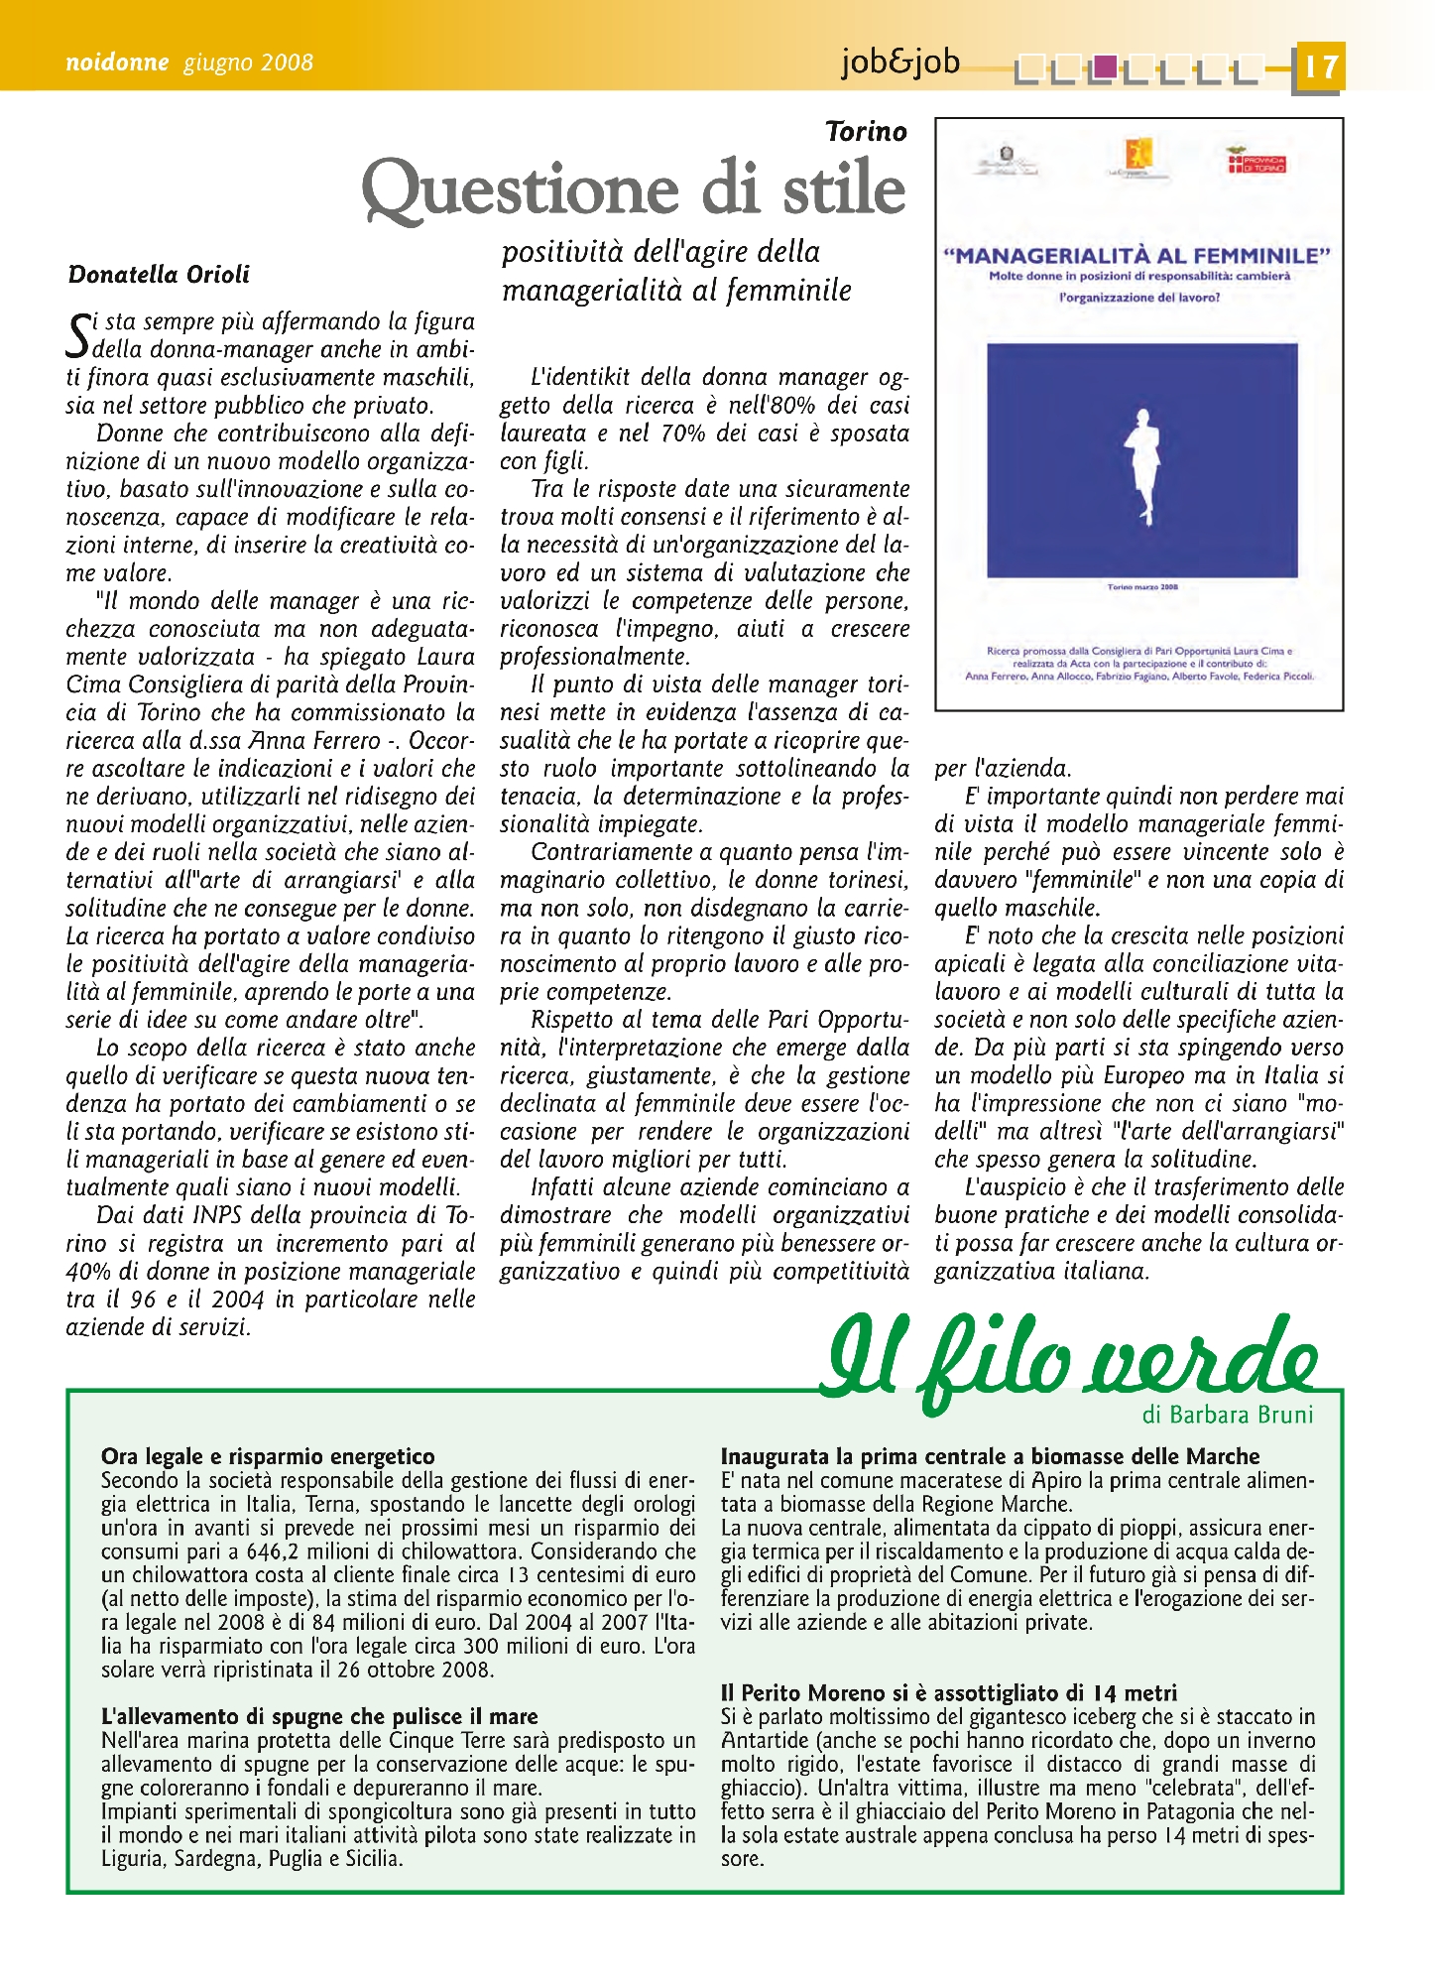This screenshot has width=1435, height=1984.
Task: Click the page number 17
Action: click(x=1319, y=67)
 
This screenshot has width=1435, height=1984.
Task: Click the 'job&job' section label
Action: click(x=900, y=62)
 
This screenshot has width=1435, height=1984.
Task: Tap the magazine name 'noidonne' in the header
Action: click(x=117, y=62)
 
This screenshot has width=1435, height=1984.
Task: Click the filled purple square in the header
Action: click(x=1105, y=65)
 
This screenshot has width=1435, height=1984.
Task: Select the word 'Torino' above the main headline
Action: click(x=866, y=132)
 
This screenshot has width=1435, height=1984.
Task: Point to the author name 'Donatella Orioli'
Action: click(x=159, y=275)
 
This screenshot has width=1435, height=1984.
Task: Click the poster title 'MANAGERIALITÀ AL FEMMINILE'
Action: click(x=1137, y=255)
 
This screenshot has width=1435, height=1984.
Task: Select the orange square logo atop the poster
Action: click(x=1137, y=155)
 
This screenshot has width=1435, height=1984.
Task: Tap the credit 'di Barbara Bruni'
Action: click(x=1228, y=1415)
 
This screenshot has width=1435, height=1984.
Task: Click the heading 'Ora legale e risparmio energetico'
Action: click(x=268, y=1456)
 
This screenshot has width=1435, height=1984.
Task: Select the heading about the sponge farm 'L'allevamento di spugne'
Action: click(x=319, y=1716)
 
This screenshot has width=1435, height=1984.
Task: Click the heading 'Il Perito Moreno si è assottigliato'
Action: click(x=949, y=1692)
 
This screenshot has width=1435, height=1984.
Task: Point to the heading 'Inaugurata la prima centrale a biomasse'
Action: click(x=990, y=1456)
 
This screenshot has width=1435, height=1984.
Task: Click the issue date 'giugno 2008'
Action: click(x=248, y=62)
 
